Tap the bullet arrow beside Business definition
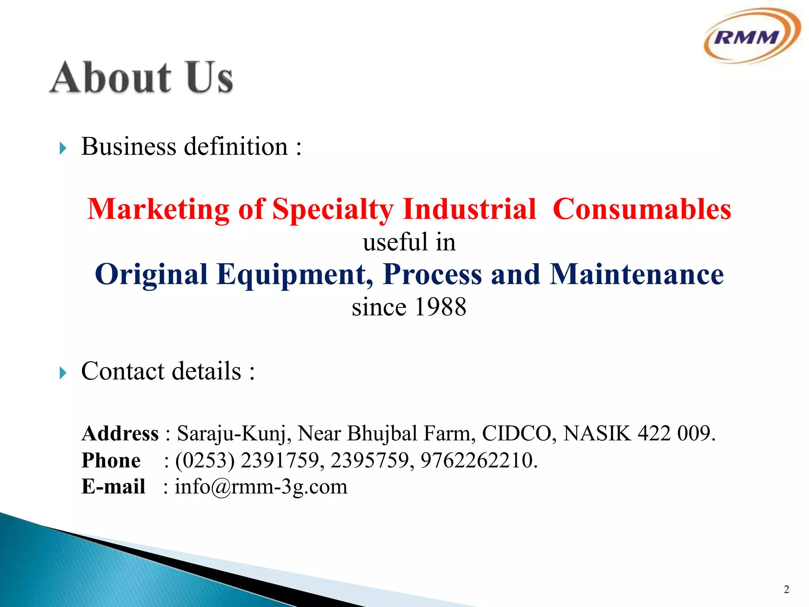pyautogui.click(x=63, y=149)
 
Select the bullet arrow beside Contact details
pyautogui.click(x=63, y=373)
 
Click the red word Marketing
pyautogui.click(x=158, y=209)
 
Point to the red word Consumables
pyautogui.click(x=642, y=209)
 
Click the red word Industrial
pyautogui.click(x=469, y=209)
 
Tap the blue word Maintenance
pyautogui.click(x=637, y=274)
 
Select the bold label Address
pyautogui.click(x=120, y=434)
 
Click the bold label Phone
pyautogui.click(x=111, y=460)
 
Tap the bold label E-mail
pyautogui.click(x=113, y=486)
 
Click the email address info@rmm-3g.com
pyautogui.click(x=261, y=486)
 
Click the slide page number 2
pyautogui.click(x=786, y=590)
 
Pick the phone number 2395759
pyautogui.click(x=370, y=460)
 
